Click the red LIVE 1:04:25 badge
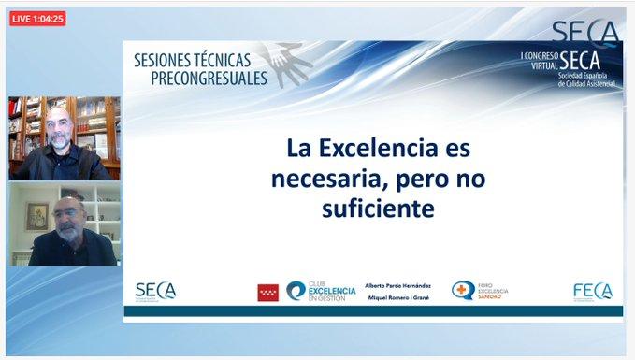click(x=37, y=19)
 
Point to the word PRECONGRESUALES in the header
click(x=209, y=79)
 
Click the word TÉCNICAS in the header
click(x=231, y=60)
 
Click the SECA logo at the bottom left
click(x=155, y=291)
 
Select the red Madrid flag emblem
click(x=268, y=293)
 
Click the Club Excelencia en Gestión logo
click(x=321, y=292)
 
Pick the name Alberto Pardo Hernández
click(x=398, y=285)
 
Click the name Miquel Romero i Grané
click(x=397, y=298)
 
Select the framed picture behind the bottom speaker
click(x=36, y=217)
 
